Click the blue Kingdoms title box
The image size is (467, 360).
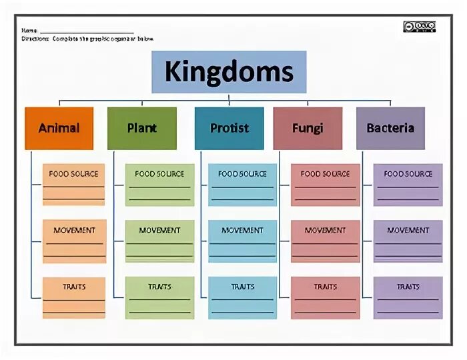(x=229, y=71)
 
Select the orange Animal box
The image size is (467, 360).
(x=59, y=128)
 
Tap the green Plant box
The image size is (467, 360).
(x=141, y=128)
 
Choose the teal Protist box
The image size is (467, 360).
(x=229, y=128)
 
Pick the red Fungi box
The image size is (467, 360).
(x=308, y=128)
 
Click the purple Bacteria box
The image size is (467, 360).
(x=390, y=128)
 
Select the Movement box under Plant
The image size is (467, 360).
(x=159, y=241)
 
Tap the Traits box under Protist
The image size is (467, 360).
(x=242, y=297)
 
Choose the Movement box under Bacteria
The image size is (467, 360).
(x=408, y=241)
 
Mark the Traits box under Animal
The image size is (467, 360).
(x=74, y=297)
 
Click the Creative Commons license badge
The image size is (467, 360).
(x=419, y=27)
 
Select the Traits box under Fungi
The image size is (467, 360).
(x=325, y=297)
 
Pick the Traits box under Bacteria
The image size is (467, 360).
(x=408, y=297)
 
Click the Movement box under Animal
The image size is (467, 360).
(x=74, y=241)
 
